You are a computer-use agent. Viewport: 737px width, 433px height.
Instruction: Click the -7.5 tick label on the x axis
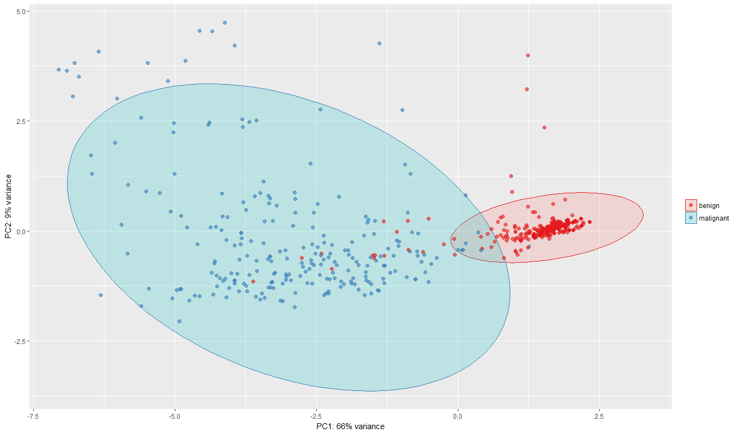click(x=33, y=416)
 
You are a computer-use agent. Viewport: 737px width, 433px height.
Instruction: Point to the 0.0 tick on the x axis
click(x=458, y=416)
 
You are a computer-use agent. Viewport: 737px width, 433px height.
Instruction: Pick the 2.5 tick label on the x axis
click(x=599, y=416)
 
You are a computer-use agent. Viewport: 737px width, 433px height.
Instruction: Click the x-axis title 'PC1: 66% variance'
click(x=350, y=426)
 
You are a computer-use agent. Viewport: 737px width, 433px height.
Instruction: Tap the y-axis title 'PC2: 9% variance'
click(x=8, y=206)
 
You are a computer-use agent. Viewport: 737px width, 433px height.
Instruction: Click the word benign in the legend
click(x=709, y=206)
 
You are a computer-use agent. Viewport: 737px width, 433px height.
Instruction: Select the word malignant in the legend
click(x=714, y=218)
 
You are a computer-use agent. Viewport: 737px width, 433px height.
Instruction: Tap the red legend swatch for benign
click(x=691, y=206)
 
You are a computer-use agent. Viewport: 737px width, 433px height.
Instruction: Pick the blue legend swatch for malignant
click(x=691, y=218)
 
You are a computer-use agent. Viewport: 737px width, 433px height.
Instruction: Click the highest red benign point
click(x=528, y=55)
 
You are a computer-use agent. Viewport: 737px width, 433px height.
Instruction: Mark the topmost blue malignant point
click(x=225, y=23)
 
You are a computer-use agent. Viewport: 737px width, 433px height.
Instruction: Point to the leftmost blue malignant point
click(x=58, y=70)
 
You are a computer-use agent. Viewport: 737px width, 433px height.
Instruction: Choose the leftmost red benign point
click(x=253, y=281)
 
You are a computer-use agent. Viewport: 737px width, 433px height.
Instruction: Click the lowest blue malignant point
click(x=179, y=321)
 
